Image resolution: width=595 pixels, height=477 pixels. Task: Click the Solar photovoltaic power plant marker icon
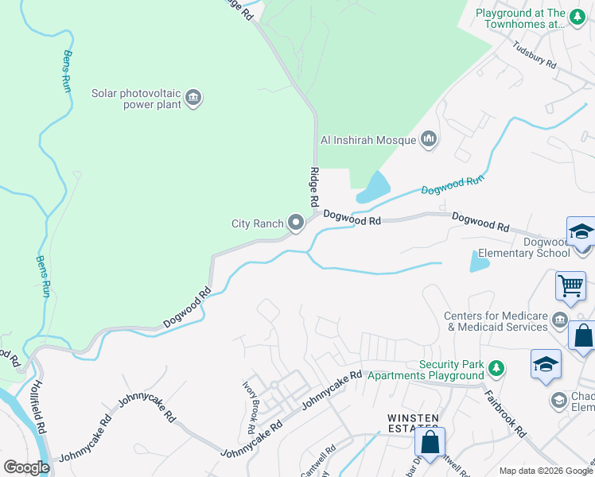[192, 99]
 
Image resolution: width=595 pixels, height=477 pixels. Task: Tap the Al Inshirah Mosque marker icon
[430, 140]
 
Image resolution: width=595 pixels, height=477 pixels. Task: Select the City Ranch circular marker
[297, 223]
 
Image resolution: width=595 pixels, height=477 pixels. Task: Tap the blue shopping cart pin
[571, 285]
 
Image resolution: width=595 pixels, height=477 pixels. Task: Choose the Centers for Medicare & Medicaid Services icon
[560, 320]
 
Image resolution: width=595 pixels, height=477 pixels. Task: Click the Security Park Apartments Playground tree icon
[496, 368]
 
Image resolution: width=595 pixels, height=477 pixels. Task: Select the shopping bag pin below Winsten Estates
[430, 443]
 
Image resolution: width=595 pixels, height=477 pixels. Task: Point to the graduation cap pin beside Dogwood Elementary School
[581, 233]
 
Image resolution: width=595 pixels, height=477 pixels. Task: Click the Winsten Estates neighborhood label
[414, 418]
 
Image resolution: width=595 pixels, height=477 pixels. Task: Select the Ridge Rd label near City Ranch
[314, 189]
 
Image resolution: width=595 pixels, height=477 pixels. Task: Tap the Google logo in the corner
[26, 467]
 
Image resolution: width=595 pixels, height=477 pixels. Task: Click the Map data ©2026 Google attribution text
[545, 470]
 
